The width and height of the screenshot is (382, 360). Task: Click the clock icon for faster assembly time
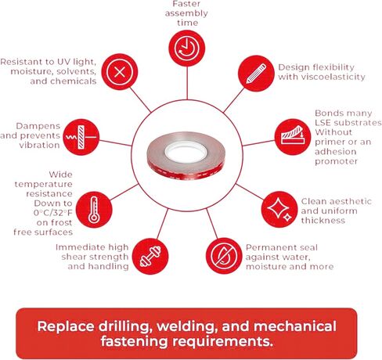click(x=187, y=49)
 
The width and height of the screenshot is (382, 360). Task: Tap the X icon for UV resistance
click(x=120, y=72)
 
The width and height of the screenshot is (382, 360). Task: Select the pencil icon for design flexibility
click(x=256, y=74)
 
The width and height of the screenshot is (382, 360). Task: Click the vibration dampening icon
click(x=81, y=137)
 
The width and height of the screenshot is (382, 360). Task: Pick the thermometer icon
click(x=94, y=210)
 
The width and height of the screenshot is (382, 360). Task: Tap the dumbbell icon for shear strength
click(x=150, y=256)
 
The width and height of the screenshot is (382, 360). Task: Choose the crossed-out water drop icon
click(x=224, y=256)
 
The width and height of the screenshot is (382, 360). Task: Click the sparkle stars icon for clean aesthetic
click(x=279, y=209)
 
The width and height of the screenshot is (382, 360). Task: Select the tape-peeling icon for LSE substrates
click(x=293, y=137)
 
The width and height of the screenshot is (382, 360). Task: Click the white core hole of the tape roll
click(x=186, y=152)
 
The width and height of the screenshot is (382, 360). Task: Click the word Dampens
click(x=38, y=127)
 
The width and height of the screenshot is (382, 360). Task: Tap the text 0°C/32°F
click(x=52, y=213)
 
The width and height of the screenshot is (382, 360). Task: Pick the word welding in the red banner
click(x=187, y=326)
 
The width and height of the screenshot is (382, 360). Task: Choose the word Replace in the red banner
click(x=66, y=326)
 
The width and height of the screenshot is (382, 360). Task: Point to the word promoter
click(x=336, y=162)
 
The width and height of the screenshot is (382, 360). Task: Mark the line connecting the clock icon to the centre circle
click(x=187, y=83)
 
